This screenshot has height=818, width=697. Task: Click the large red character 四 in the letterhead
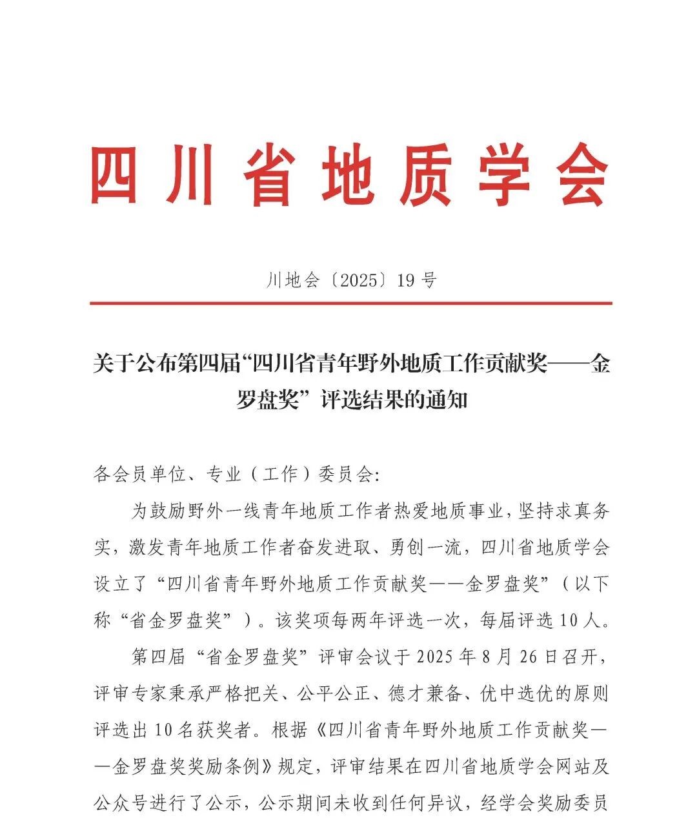115,174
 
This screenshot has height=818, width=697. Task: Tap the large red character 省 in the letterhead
271,174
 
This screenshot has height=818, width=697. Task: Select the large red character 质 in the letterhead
427,174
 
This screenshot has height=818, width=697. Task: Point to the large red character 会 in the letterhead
583,174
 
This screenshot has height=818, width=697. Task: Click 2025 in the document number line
358,280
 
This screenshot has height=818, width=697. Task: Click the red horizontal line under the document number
350,303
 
